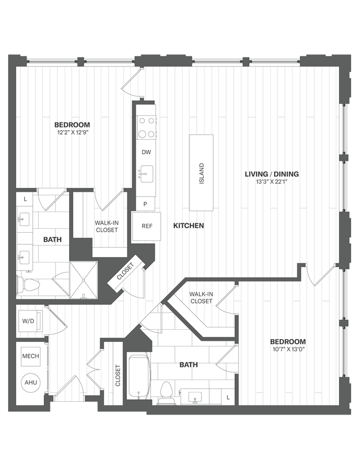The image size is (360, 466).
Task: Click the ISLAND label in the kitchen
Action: (x=202, y=173)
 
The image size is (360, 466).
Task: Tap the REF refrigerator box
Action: (x=147, y=226)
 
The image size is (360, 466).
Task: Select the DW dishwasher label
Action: (x=146, y=152)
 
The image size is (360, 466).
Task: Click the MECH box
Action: (x=30, y=356)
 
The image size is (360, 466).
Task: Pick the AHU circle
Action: (x=30, y=382)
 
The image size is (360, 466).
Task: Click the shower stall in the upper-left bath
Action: (x=83, y=279)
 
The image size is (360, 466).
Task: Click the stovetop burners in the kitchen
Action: (x=147, y=127)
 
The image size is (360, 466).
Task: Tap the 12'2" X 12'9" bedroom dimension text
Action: (x=72, y=133)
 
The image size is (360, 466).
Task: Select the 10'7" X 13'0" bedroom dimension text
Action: (x=288, y=350)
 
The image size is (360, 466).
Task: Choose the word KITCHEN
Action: (x=189, y=226)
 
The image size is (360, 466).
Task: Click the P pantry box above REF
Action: (x=146, y=204)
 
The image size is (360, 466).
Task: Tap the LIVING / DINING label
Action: (x=272, y=174)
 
